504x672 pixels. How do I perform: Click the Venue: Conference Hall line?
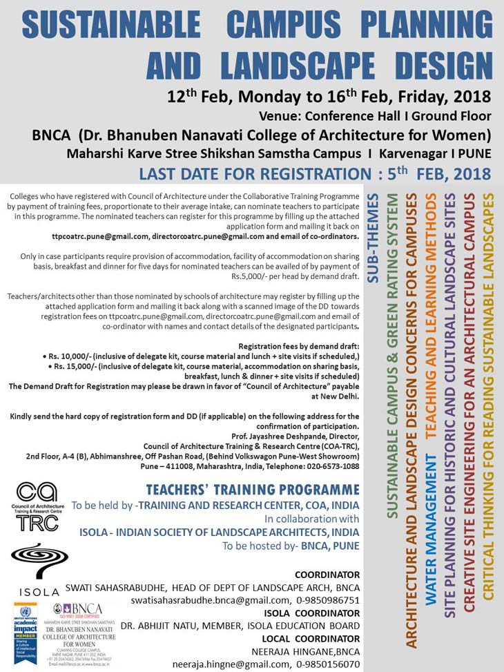tap(375, 115)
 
